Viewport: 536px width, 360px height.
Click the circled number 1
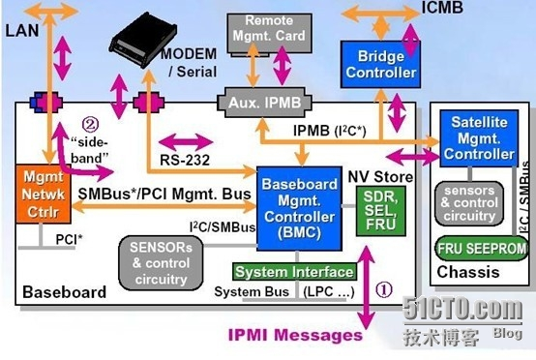point(384,288)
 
